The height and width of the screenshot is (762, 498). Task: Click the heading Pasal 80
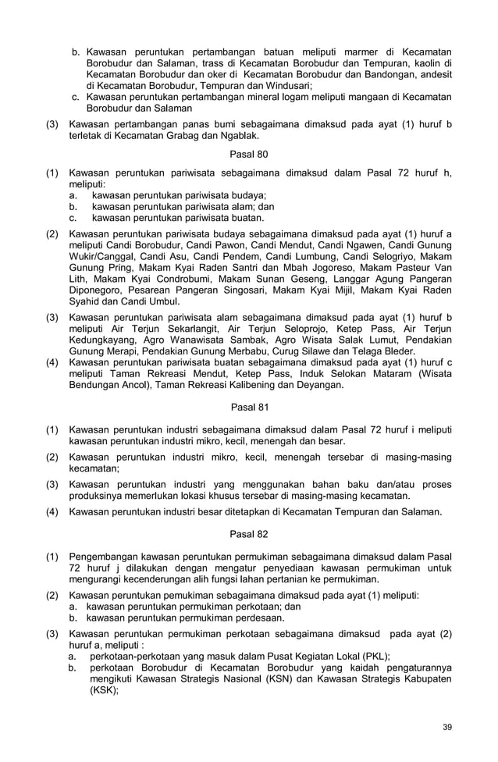pyautogui.click(x=249, y=155)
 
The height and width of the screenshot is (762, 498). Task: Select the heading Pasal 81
pyautogui.click(x=249, y=406)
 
